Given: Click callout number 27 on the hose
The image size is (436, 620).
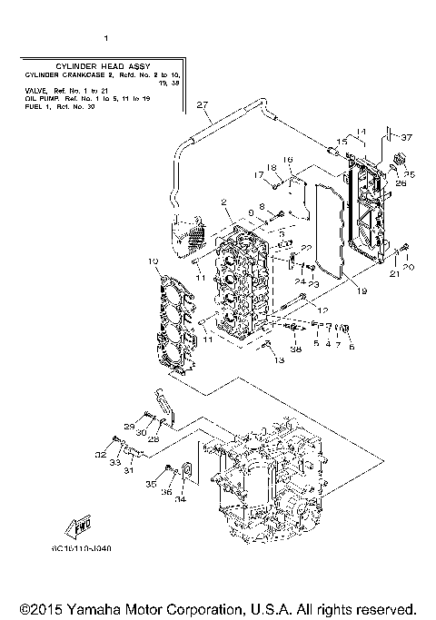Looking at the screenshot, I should tap(203, 104).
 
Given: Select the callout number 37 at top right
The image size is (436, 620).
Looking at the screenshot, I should tap(406, 137).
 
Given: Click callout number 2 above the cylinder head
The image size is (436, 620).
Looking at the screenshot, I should tap(222, 202).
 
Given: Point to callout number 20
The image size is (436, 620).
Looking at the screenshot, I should tap(409, 267).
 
